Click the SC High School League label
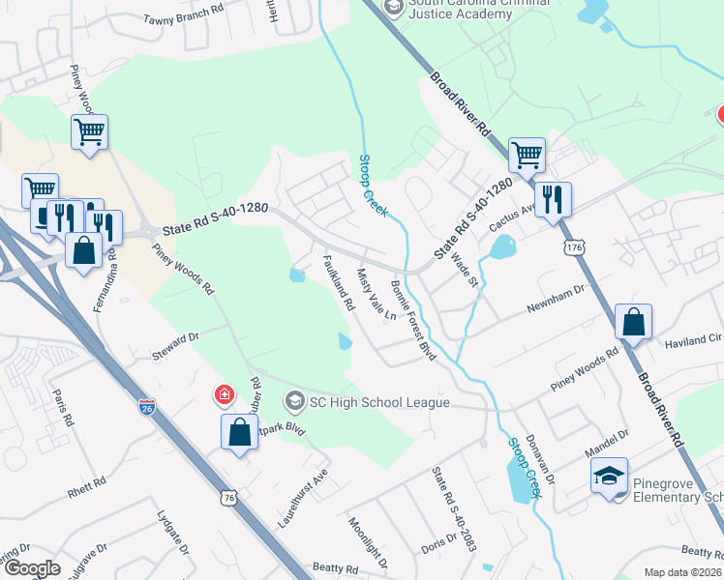tap(378, 402)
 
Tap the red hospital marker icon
tap(224, 394)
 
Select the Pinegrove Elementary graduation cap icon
tap(609, 477)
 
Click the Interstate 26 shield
tap(146, 408)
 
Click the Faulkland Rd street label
tap(336, 281)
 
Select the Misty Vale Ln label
tap(377, 295)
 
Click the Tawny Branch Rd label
tap(184, 19)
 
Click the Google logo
tap(32, 568)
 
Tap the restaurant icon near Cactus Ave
tap(553, 200)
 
